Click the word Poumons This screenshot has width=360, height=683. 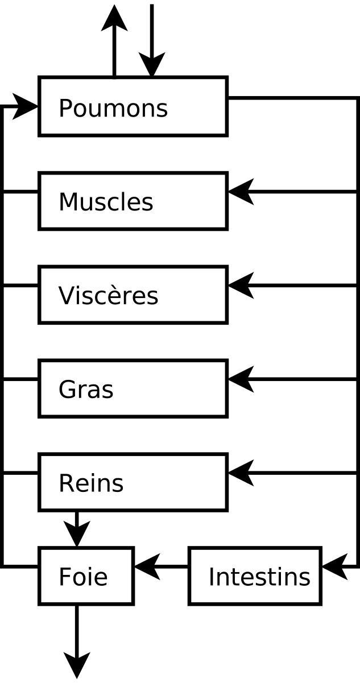[x=113, y=108]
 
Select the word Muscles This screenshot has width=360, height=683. [x=106, y=202]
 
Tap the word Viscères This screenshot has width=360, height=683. [x=108, y=296]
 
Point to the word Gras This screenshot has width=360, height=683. [x=86, y=390]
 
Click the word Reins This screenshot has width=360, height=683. [x=91, y=483]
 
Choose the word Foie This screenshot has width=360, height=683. [x=83, y=577]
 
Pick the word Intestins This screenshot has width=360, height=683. [x=259, y=577]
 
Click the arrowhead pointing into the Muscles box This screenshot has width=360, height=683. [x=240, y=192]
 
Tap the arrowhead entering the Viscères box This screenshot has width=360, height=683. [x=240, y=285]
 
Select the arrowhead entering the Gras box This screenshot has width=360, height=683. [x=240, y=379]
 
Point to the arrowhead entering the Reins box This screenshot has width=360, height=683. [x=240, y=473]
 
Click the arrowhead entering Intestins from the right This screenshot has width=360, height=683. [x=334, y=566]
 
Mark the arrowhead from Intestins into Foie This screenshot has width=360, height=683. [x=146, y=566]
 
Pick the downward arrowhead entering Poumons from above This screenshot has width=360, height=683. [x=151, y=64]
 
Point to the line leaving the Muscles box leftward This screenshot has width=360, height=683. [x=21, y=192]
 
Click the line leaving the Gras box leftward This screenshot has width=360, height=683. [x=21, y=379]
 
